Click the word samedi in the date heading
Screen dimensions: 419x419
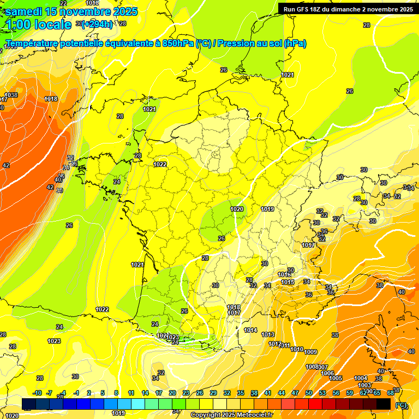click(x=24, y=11)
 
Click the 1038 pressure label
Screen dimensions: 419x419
click(x=11, y=95)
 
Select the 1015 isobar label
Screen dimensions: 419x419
click(x=288, y=282)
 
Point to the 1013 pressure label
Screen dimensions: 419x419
click(x=268, y=334)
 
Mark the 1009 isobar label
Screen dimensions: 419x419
click(x=310, y=351)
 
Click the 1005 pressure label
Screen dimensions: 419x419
click(x=336, y=378)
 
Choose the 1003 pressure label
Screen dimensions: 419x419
click(x=364, y=385)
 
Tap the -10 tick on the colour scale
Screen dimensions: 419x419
click(x=37, y=393)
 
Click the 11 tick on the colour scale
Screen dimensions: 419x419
click(x=131, y=393)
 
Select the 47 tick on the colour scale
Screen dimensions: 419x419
click(x=295, y=393)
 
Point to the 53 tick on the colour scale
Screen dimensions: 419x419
click(x=322, y=393)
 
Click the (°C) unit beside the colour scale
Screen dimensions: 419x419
click(x=401, y=405)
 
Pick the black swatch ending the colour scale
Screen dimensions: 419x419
click(x=384, y=404)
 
